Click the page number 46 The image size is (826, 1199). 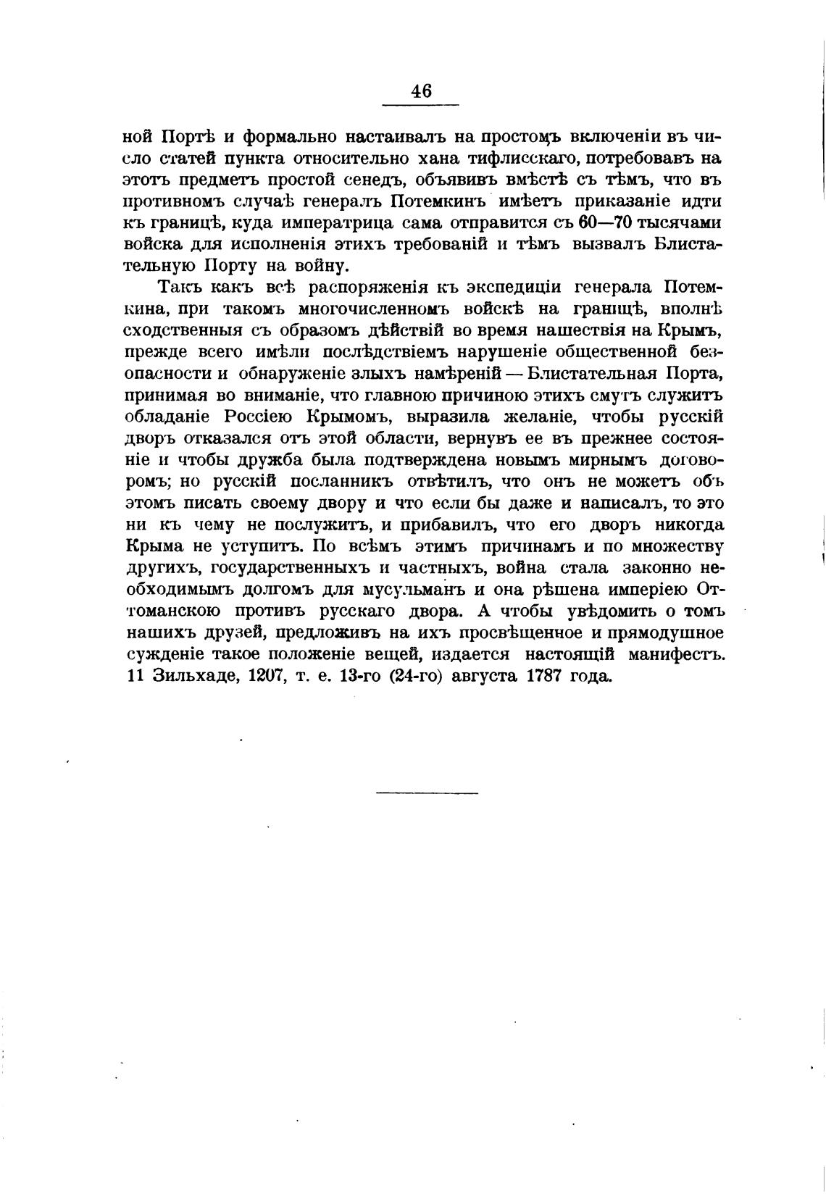pyautogui.click(x=421, y=91)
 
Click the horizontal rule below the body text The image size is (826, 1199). pyautogui.click(x=427, y=793)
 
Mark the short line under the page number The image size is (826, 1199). pyautogui.click(x=421, y=107)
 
